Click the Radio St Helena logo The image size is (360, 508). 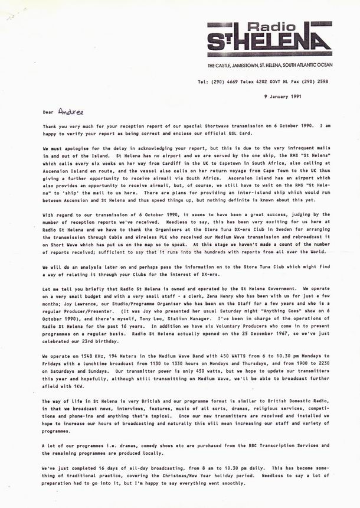coord(269,40)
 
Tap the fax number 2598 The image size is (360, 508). coord(323,82)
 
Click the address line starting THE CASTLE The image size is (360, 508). coord(270,64)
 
